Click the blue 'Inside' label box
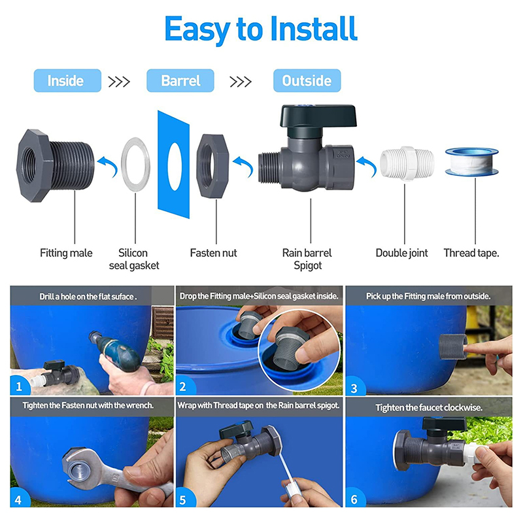click(x=67, y=80)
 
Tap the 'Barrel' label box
click(x=180, y=80)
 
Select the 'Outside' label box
click(x=307, y=80)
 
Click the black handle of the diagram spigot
click(x=318, y=116)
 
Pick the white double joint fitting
click(x=407, y=163)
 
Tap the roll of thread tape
click(x=471, y=161)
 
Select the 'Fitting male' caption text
click(x=66, y=253)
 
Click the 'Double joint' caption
click(x=401, y=253)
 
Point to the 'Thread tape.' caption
click(x=471, y=253)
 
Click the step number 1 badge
click(x=19, y=386)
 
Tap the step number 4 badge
click(x=18, y=499)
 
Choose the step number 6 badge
click(x=354, y=499)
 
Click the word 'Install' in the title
click(x=314, y=29)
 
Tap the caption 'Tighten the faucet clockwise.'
click(x=429, y=407)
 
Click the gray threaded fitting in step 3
click(x=453, y=346)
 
